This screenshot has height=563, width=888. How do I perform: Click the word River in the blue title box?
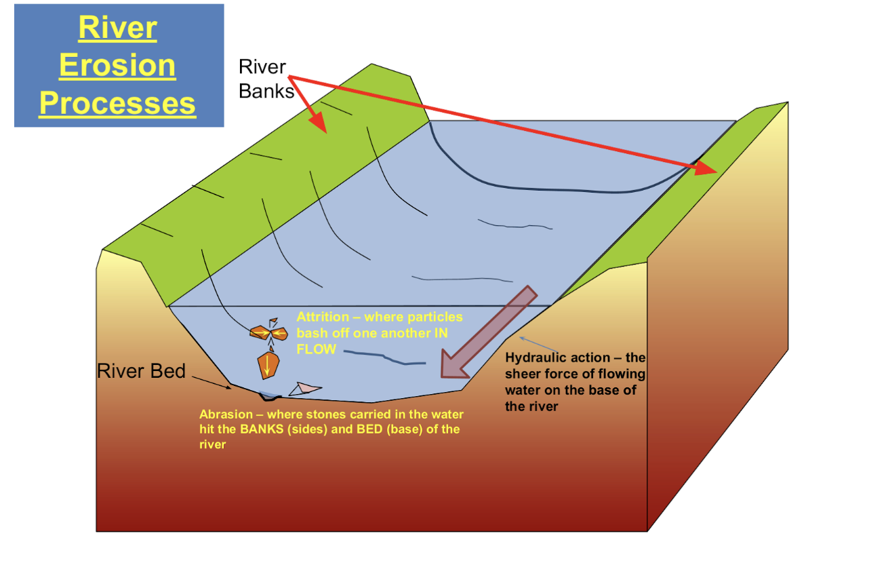tap(118, 28)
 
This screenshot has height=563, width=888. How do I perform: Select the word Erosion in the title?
tap(118, 66)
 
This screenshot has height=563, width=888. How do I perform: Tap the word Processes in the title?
tap(118, 103)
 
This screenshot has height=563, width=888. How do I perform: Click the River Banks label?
tap(264, 78)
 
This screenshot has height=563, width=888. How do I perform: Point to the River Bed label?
tap(141, 371)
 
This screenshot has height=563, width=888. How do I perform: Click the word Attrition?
tap(321, 317)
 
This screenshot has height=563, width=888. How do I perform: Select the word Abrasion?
tap(226, 414)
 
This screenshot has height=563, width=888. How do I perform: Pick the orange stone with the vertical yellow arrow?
tap(268, 366)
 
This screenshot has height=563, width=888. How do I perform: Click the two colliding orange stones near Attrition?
tap(269, 332)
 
